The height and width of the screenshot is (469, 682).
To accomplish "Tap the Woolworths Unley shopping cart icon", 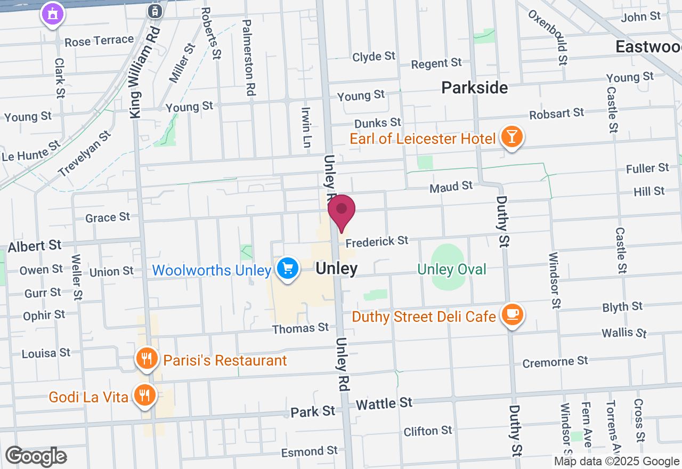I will pyautogui.click(x=288, y=268).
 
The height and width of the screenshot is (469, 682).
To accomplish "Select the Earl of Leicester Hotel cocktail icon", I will pyautogui.click(x=511, y=138).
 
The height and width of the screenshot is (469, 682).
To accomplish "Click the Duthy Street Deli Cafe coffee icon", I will pyautogui.click(x=512, y=314).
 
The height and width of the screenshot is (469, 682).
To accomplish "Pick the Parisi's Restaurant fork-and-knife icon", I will pyautogui.click(x=145, y=359).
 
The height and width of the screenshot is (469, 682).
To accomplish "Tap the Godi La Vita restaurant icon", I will pyautogui.click(x=144, y=395).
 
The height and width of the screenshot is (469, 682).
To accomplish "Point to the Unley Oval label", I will pyautogui.click(x=452, y=270).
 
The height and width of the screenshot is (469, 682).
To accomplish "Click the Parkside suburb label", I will pyautogui.click(x=475, y=88).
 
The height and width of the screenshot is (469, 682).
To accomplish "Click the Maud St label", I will pyautogui.click(x=451, y=187).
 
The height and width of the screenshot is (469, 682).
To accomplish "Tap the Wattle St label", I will pyautogui.click(x=384, y=403).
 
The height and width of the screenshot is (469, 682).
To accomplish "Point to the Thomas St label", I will pyautogui.click(x=301, y=328).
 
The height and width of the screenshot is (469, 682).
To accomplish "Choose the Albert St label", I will pyautogui.click(x=35, y=246).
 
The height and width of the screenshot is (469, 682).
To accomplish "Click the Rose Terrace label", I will pyautogui.click(x=99, y=40).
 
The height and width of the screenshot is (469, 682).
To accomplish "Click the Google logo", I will pyautogui.click(x=36, y=457).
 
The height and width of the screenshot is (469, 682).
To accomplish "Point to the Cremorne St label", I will pyautogui.click(x=555, y=362).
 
